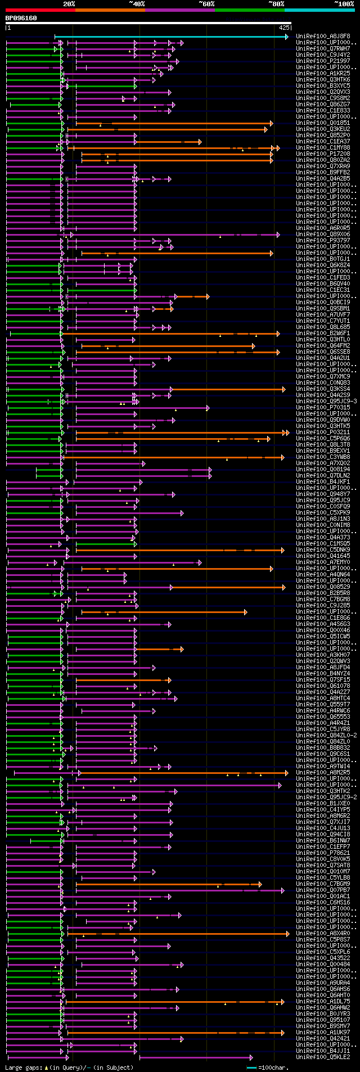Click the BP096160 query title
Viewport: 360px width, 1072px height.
tap(21, 18)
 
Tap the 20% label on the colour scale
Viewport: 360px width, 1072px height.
tap(69, 4)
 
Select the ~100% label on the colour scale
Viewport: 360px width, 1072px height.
tap(344, 4)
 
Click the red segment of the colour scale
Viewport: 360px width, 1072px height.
tap(40, 10)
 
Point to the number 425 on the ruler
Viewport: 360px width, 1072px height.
tap(283, 27)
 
